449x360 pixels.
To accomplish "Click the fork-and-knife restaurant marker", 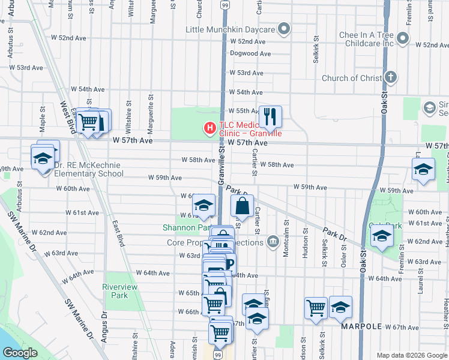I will (x=270, y=117).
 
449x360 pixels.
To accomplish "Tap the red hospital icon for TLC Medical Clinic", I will (x=209, y=127).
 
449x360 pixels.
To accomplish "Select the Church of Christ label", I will (x=352, y=78).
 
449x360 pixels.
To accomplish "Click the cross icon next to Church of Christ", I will (x=391, y=77).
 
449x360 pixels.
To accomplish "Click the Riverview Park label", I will (x=115, y=291).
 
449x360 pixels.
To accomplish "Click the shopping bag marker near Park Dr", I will (x=242, y=206).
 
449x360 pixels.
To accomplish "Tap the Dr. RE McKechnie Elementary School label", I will (x=88, y=169).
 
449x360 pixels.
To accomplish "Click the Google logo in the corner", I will (x=20, y=353).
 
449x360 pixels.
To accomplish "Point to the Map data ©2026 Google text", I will (x=412, y=355).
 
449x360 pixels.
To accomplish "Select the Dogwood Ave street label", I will (x=255, y=53).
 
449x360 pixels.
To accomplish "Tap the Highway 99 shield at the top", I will (x=224, y=5).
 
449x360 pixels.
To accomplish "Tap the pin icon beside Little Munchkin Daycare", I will (x=285, y=29).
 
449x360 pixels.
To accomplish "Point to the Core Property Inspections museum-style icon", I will (x=273, y=242).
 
